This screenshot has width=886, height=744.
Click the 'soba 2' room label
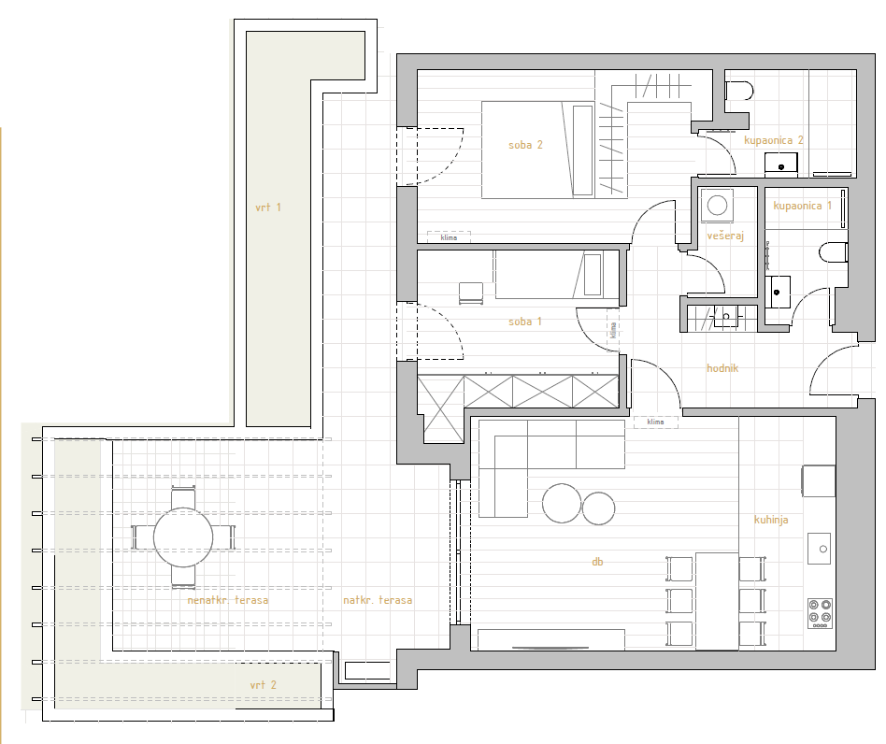[525, 145]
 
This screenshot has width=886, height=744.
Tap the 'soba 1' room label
[525, 322]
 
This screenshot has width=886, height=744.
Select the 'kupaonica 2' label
[774, 140]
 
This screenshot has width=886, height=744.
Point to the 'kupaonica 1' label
[803, 206]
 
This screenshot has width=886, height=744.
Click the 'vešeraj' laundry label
[725, 236]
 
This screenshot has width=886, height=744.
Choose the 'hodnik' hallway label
[722, 368]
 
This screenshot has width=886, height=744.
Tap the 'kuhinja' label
[771, 520]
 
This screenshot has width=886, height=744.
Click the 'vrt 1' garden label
[268, 207]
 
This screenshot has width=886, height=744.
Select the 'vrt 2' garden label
[264, 685]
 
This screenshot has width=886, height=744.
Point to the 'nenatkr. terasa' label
[228, 600]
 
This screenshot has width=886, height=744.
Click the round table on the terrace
[183, 537]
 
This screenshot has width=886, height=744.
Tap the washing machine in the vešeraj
[717, 205]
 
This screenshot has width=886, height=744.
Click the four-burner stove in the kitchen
[820, 613]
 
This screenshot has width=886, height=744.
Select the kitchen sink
[820, 549]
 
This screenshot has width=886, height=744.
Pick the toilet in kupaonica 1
[834, 252]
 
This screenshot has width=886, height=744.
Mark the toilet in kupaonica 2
[739, 91]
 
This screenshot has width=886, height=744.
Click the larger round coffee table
[562, 504]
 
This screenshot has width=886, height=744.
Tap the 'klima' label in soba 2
[449, 237]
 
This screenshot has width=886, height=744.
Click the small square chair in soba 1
[471, 293]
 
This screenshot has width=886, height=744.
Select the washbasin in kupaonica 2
[781, 163]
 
